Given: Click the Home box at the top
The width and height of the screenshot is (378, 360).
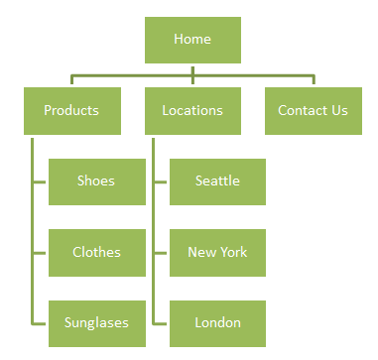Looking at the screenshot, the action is (192, 40).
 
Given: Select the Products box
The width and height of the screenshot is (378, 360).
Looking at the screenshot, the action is (71, 110).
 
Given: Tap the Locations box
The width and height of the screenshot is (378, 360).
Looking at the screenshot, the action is (192, 110).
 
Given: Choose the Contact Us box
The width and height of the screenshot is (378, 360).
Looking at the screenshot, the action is (313, 110).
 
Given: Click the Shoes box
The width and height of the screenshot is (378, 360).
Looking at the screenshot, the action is (96, 180).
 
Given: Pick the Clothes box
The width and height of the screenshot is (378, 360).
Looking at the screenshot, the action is (96, 252).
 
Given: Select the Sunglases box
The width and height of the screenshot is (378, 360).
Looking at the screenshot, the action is (96, 322).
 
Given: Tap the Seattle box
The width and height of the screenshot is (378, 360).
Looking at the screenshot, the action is (217, 180).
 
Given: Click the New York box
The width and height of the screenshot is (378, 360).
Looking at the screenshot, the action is (217, 252).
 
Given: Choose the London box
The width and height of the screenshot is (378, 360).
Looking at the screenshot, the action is (217, 322).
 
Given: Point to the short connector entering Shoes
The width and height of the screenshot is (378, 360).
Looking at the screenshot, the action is (40, 181).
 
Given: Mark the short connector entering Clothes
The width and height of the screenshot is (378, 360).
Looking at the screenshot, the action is (40, 253).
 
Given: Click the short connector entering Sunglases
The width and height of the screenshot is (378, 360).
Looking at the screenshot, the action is (40, 323).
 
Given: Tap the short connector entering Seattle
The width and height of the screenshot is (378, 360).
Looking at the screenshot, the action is (161, 181).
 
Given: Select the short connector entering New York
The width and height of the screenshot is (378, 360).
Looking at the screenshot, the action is (161, 253).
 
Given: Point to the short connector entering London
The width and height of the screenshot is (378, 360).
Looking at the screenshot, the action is (161, 323).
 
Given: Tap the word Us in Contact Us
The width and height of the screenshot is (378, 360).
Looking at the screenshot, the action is (339, 110).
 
